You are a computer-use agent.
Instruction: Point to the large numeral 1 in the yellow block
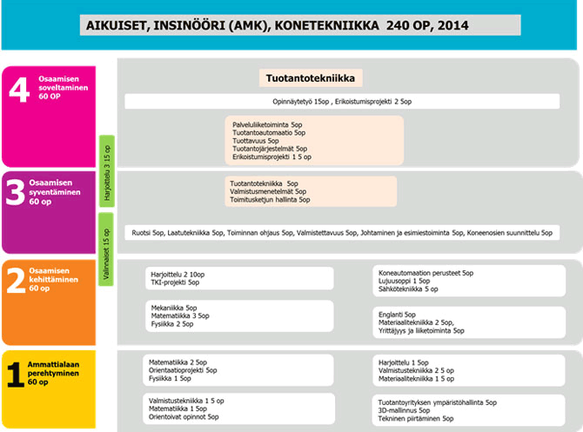14,374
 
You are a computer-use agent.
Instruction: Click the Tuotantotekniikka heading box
311,79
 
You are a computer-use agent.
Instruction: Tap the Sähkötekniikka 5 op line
408,289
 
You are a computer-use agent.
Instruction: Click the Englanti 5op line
398,315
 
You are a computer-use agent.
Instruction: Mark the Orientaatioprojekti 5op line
184,370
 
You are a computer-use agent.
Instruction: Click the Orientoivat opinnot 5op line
183,417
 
